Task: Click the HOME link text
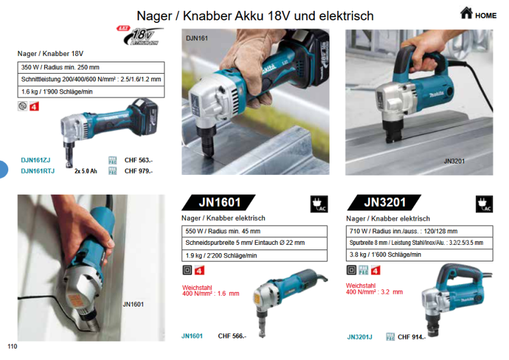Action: (x=485, y=15)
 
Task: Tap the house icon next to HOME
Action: (x=466, y=13)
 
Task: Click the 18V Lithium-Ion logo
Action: (x=139, y=36)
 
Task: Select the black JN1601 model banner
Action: (x=220, y=203)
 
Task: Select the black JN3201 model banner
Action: (x=385, y=203)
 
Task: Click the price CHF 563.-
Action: (x=139, y=160)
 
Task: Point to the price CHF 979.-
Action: (x=139, y=170)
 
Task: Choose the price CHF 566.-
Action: (x=232, y=336)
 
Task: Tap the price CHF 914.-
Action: (x=411, y=336)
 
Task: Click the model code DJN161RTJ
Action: (x=38, y=170)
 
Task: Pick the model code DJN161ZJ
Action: (x=36, y=160)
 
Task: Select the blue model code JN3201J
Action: (x=360, y=336)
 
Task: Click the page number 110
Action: (x=12, y=347)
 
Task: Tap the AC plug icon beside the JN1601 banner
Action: (x=319, y=204)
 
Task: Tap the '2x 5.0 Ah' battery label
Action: (x=85, y=171)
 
